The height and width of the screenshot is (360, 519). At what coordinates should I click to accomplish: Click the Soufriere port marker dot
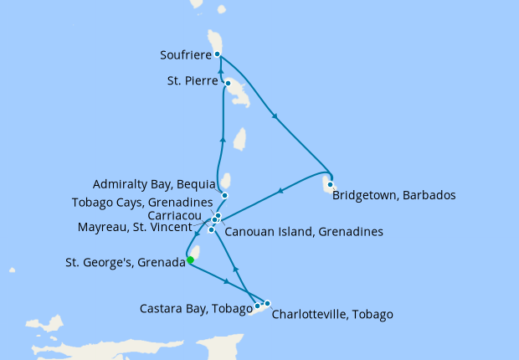tap(218, 54)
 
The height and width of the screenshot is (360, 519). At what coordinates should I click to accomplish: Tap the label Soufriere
tap(184, 56)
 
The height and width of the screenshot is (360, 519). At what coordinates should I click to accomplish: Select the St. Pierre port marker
tap(227, 83)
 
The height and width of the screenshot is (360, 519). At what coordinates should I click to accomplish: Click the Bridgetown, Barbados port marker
tap(331, 184)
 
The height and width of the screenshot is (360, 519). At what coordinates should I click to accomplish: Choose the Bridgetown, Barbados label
tap(393, 196)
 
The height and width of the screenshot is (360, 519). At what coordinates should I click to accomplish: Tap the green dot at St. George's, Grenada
tap(191, 260)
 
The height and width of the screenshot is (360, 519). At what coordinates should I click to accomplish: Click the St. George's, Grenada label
tap(125, 262)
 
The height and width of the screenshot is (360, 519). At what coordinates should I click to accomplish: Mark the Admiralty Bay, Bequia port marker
tap(224, 196)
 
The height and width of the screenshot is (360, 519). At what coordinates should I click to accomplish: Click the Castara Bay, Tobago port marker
tap(257, 306)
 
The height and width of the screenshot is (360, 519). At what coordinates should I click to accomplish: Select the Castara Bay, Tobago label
tap(195, 309)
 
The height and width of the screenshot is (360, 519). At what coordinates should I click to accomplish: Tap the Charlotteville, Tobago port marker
tap(267, 303)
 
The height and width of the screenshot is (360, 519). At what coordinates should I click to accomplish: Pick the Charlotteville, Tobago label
tap(332, 315)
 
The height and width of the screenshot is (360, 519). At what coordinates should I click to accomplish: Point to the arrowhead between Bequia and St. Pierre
tap(224, 140)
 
